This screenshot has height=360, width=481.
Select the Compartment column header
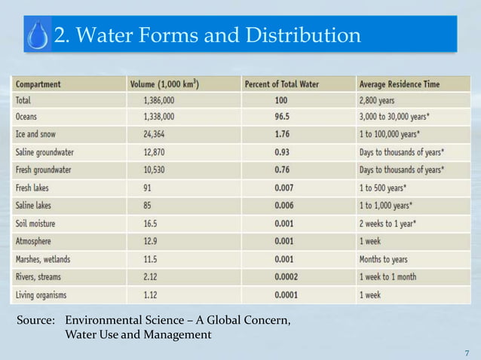38,84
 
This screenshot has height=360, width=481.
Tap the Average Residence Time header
400,84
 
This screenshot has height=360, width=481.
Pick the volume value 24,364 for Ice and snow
159,135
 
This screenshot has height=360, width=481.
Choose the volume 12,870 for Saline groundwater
159,152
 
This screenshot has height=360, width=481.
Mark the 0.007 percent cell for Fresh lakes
282,188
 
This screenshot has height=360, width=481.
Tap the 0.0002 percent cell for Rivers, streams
284,276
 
